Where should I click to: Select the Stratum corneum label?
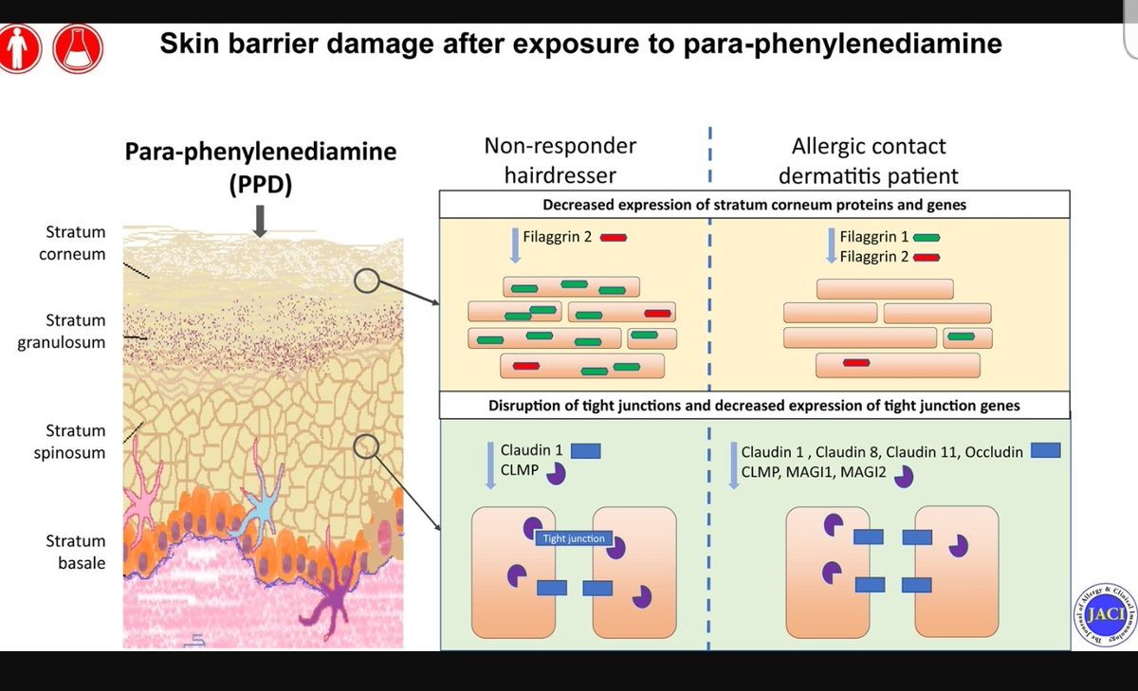[75, 243]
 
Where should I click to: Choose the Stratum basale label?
[75, 552]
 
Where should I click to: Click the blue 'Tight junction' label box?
[573, 538]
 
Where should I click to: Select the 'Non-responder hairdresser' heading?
[560, 160]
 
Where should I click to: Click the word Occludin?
[992, 451]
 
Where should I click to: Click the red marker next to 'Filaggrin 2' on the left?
[613, 238]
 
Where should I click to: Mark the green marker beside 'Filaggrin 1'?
[927, 238]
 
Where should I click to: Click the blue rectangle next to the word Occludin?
[1045, 450]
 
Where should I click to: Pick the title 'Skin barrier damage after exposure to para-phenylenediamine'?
[580, 45]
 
